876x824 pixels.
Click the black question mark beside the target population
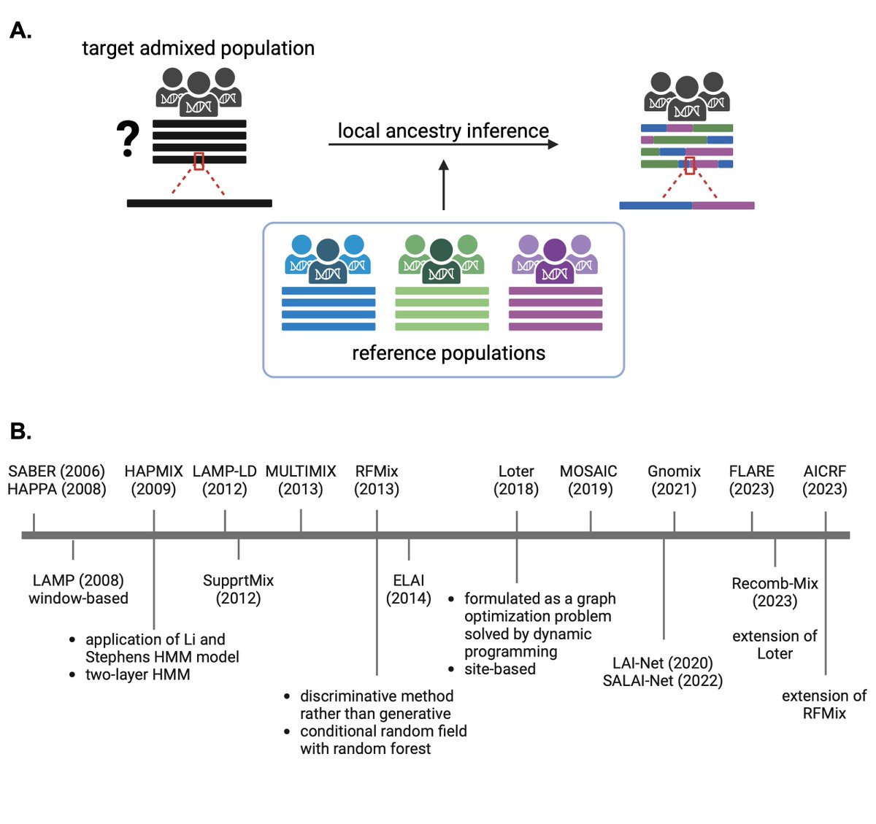click(x=128, y=139)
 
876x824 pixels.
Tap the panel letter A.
click(x=20, y=31)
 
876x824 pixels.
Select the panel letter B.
click(x=20, y=431)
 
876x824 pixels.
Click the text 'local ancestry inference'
click(x=443, y=131)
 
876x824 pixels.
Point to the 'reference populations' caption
click(x=448, y=353)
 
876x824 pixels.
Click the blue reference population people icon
click(x=328, y=259)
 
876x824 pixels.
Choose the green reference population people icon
click(x=441, y=259)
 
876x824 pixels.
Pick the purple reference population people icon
click(x=555, y=259)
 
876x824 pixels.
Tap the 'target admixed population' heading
click(x=198, y=48)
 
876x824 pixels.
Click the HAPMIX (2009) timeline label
click(x=153, y=480)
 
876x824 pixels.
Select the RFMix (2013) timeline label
click(x=377, y=480)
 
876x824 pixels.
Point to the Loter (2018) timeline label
click(x=516, y=480)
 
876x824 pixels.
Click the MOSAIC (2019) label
click(x=589, y=480)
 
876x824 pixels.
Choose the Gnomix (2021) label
click(x=674, y=480)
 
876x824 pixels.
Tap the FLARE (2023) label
click(x=751, y=480)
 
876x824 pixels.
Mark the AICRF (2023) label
click(x=825, y=480)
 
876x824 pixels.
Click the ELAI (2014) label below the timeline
click(x=409, y=589)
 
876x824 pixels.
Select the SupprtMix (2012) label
click(x=238, y=589)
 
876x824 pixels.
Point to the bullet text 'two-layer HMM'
click(x=138, y=674)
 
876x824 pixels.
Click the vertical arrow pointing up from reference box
click(x=443, y=185)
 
